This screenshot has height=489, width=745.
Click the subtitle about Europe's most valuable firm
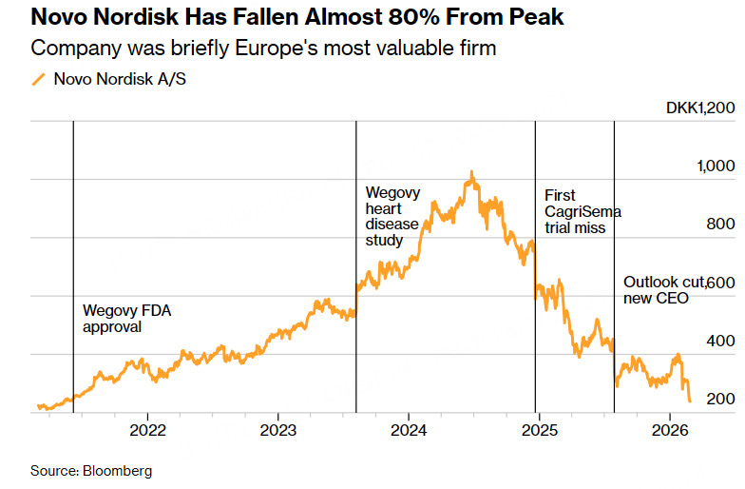(263, 48)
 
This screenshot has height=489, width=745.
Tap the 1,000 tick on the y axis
(716, 166)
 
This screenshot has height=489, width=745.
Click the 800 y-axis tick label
(720, 224)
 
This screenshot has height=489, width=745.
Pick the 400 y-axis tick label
(720, 341)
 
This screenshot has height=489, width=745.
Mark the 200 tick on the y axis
(720, 399)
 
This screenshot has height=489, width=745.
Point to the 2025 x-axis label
(538, 429)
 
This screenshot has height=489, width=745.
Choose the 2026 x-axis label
(668, 429)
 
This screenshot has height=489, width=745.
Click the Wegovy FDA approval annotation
(118, 318)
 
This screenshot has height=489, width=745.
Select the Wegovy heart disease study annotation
(392, 216)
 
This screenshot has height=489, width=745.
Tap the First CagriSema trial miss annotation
(574, 211)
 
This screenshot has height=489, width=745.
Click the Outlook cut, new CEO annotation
(661, 290)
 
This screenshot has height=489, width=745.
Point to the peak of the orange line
(471, 172)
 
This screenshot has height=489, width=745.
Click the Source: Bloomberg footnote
(91, 471)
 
